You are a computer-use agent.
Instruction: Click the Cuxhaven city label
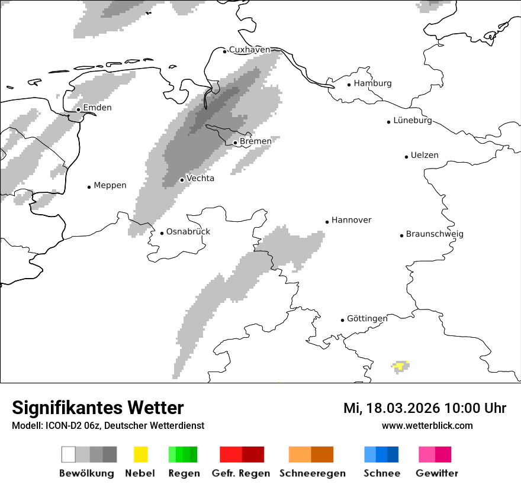[x=249, y=50]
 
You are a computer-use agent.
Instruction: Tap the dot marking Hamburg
[x=349, y=84]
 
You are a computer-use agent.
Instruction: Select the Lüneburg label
[x=413, y=121]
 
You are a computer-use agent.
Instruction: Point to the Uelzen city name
[x=424, y=156]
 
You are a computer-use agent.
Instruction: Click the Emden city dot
[x=78, y=109]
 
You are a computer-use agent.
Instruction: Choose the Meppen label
[x=110, y=186]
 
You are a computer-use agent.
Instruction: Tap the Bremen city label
[x=256, y=141]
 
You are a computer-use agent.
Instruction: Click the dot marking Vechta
[x=182, y=180]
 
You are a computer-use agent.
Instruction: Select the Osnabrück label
[x=188, y=232]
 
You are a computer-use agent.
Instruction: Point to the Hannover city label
[x=351, y=220]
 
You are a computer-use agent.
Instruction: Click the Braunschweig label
[x=435, y=234]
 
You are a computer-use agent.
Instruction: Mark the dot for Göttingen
[x=342, y=320]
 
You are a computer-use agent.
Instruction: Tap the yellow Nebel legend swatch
[x=140, y=454]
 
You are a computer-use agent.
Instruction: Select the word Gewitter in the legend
[x=437, y=473]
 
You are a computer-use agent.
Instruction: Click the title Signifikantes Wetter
[x=98, y=408]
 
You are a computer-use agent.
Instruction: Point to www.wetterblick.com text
[x=427, y=425]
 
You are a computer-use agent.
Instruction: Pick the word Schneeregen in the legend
[x=312, y=473]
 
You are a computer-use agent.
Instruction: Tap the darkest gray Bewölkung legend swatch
[x=110, y=454]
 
